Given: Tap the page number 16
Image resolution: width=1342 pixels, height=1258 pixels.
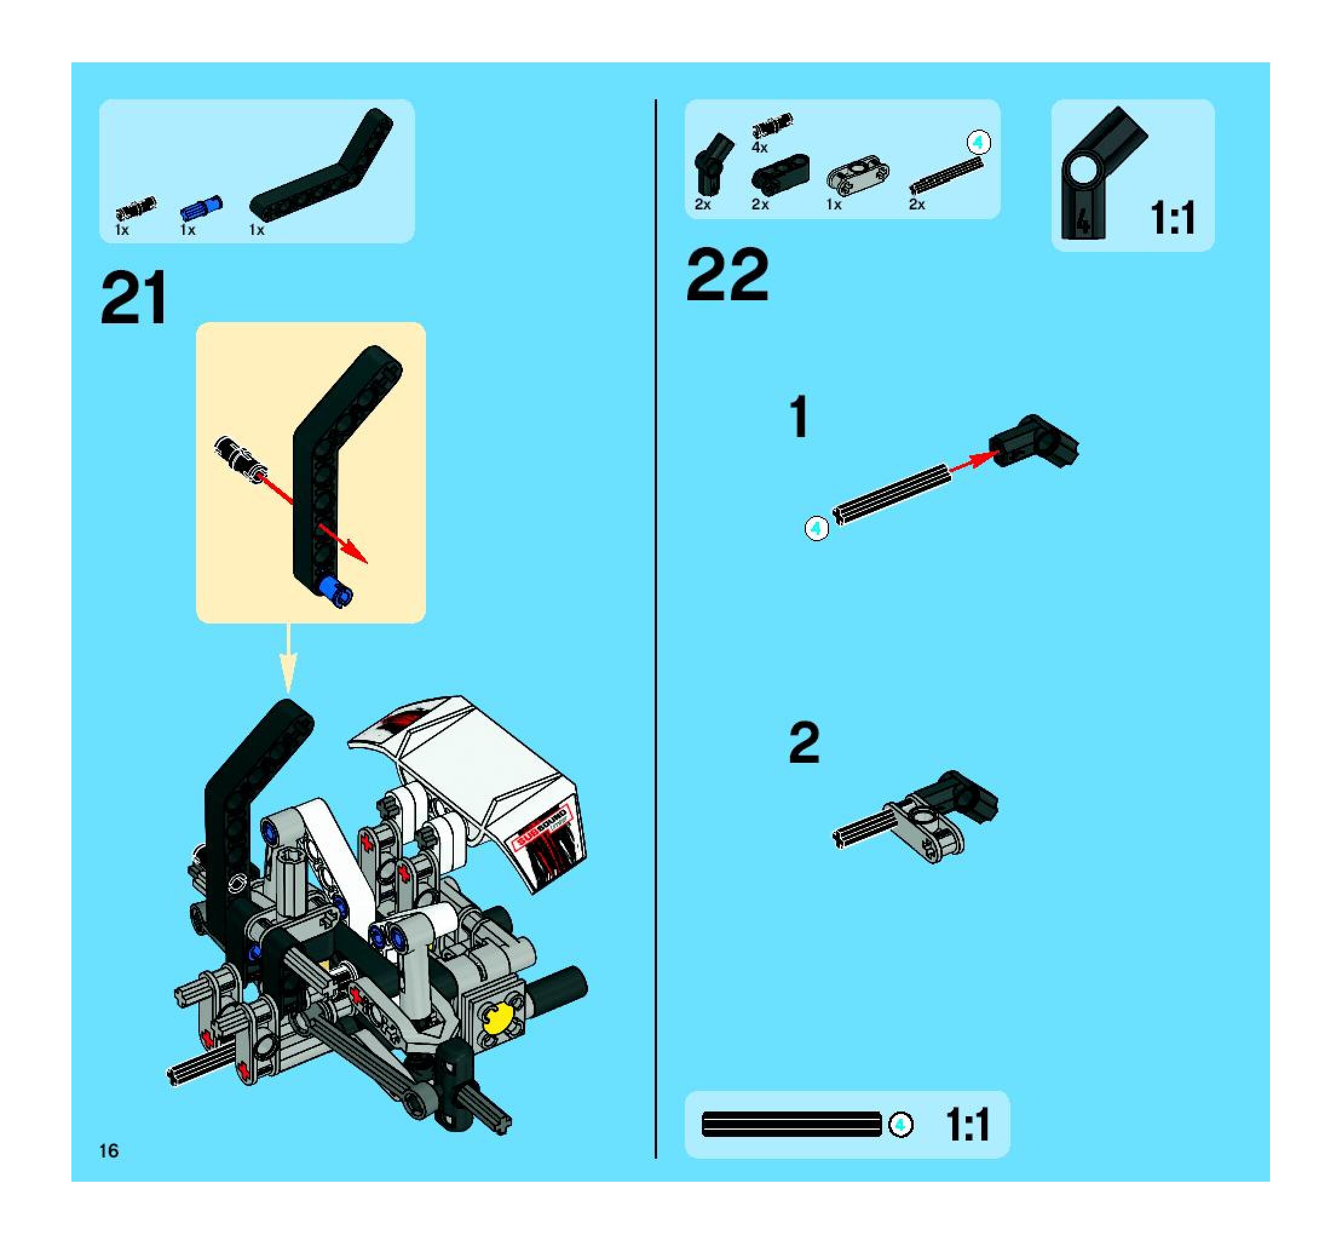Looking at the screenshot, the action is [x=109, y=1151].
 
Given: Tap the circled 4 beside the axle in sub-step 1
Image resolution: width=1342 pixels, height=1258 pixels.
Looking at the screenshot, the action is [x=817, y=528].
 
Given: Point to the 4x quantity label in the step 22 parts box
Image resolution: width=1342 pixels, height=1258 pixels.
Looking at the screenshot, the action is [x=759, y=147].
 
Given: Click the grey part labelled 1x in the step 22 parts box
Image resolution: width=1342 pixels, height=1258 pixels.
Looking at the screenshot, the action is [x=857, y=177].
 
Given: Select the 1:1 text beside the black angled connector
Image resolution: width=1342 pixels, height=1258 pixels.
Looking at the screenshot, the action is [x=1173, y=217].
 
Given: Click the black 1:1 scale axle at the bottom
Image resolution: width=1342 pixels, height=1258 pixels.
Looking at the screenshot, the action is [x=792, y=1124].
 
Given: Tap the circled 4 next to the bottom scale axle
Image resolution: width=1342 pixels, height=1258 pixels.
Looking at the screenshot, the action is [x=900, y=1124].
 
